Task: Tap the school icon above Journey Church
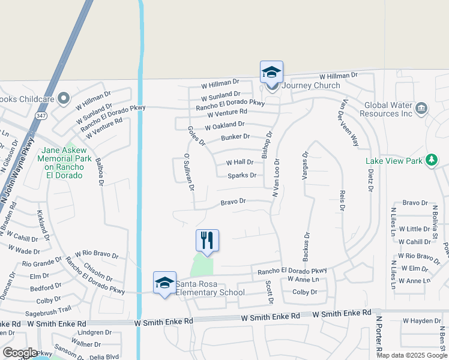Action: pos(271,73)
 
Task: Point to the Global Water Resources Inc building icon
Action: pos(421,108)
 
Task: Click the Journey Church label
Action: pos(311,86)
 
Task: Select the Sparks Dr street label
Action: pos(243,176)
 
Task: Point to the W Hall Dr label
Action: pos(240,163)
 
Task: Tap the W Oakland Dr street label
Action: pos(224,125)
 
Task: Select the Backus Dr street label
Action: pos(306,247)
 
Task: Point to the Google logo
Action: pos(20,353)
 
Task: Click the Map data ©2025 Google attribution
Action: pos(412,355)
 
